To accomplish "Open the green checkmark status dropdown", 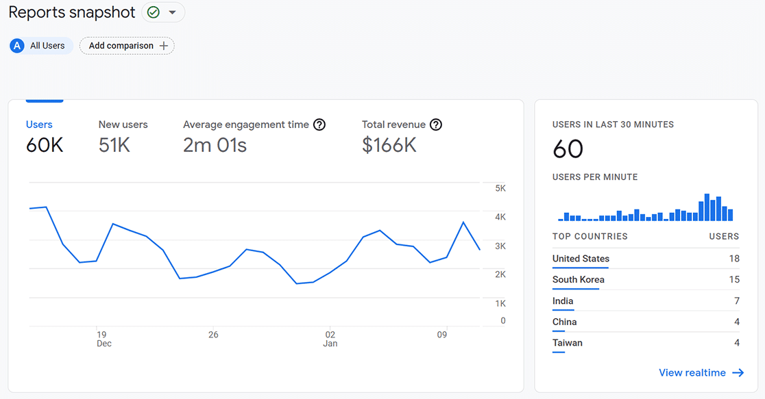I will pos(163,12).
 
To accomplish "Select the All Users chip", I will pos(41,46).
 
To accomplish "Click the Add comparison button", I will pos(127,46).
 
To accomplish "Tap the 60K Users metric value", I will pos(45,145).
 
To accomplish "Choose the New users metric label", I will pos(123,125).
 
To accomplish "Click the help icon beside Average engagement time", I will pos(319,125).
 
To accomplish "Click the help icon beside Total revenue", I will pos(435,125).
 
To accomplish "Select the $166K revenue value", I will pos(389,145).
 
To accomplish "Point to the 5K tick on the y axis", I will pos(500,188).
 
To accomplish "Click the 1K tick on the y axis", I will pos(500,303).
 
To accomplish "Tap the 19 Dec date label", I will pos(102,339).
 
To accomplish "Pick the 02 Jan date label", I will pos(330,339).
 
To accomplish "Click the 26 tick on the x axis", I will pos(213,335).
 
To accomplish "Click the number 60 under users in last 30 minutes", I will pos(568,149).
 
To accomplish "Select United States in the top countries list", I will pos(581,259).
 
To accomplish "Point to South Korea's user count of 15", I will pos(734,279).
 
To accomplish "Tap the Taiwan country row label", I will pos(567,343).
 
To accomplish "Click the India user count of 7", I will pos(736,301).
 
